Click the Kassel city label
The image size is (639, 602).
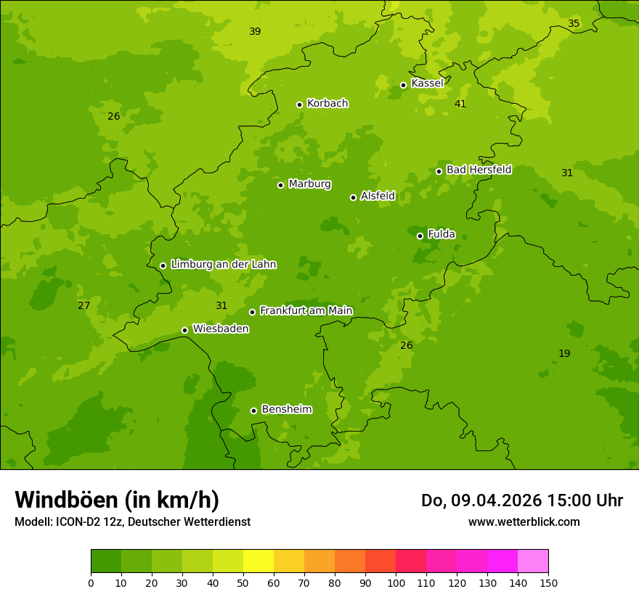pyautogui.click(x=427, y=83)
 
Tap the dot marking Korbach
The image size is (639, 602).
pyautogui.click(x=299, y=104)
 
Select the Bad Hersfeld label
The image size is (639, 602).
pyautogui.click(x=479, y=170)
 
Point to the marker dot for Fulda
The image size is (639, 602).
pyautogui.click(x=420, y=236)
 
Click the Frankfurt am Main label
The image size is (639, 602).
pyautogui.click(x=306, y=310)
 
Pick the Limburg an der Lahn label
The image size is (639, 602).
pyautogui.click(x=223, y=264)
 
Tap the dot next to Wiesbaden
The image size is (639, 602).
pyautogui.click(x=184, y=330)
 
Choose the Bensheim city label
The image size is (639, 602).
pyautogui.click(x=286, y=409)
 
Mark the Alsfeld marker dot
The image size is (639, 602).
pyautogui.click(x=353, y=197)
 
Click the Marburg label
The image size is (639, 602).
pyautogui.click(x=309, y=184)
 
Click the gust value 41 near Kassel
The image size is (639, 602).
pyautogui.click(x=460, y=104)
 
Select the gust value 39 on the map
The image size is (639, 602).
pyautogui.click(x=255, y=31)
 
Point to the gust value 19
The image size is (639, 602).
pyautogui.click(x=564, y=353)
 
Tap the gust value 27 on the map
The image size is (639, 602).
pyautogui.click(x=84, y=305)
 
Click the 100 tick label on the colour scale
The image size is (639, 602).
pyautogui.click(x=396, y=583)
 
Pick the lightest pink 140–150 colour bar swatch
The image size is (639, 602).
pyautogui.click(x=533, y=561)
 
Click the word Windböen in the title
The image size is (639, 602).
pyautogui.click(x=67, y=500)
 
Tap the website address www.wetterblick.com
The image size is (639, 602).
pyautogui.click(x=524, y=521)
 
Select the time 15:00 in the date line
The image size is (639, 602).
pyautogui.click(x=563, y=500)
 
